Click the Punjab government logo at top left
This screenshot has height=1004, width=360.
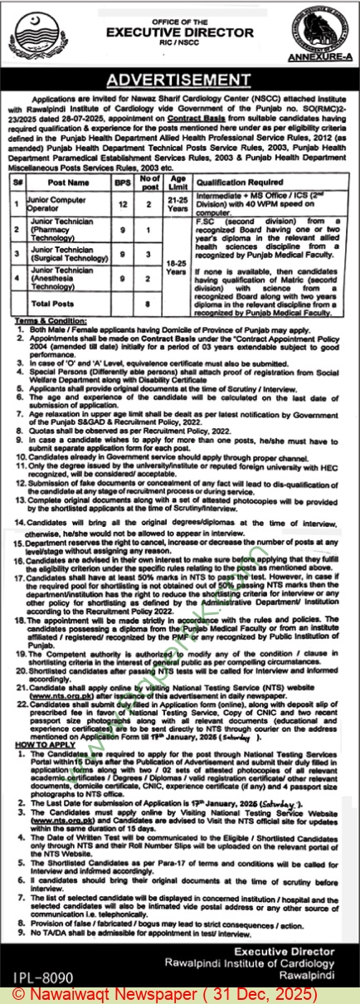[x=29, y=32]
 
